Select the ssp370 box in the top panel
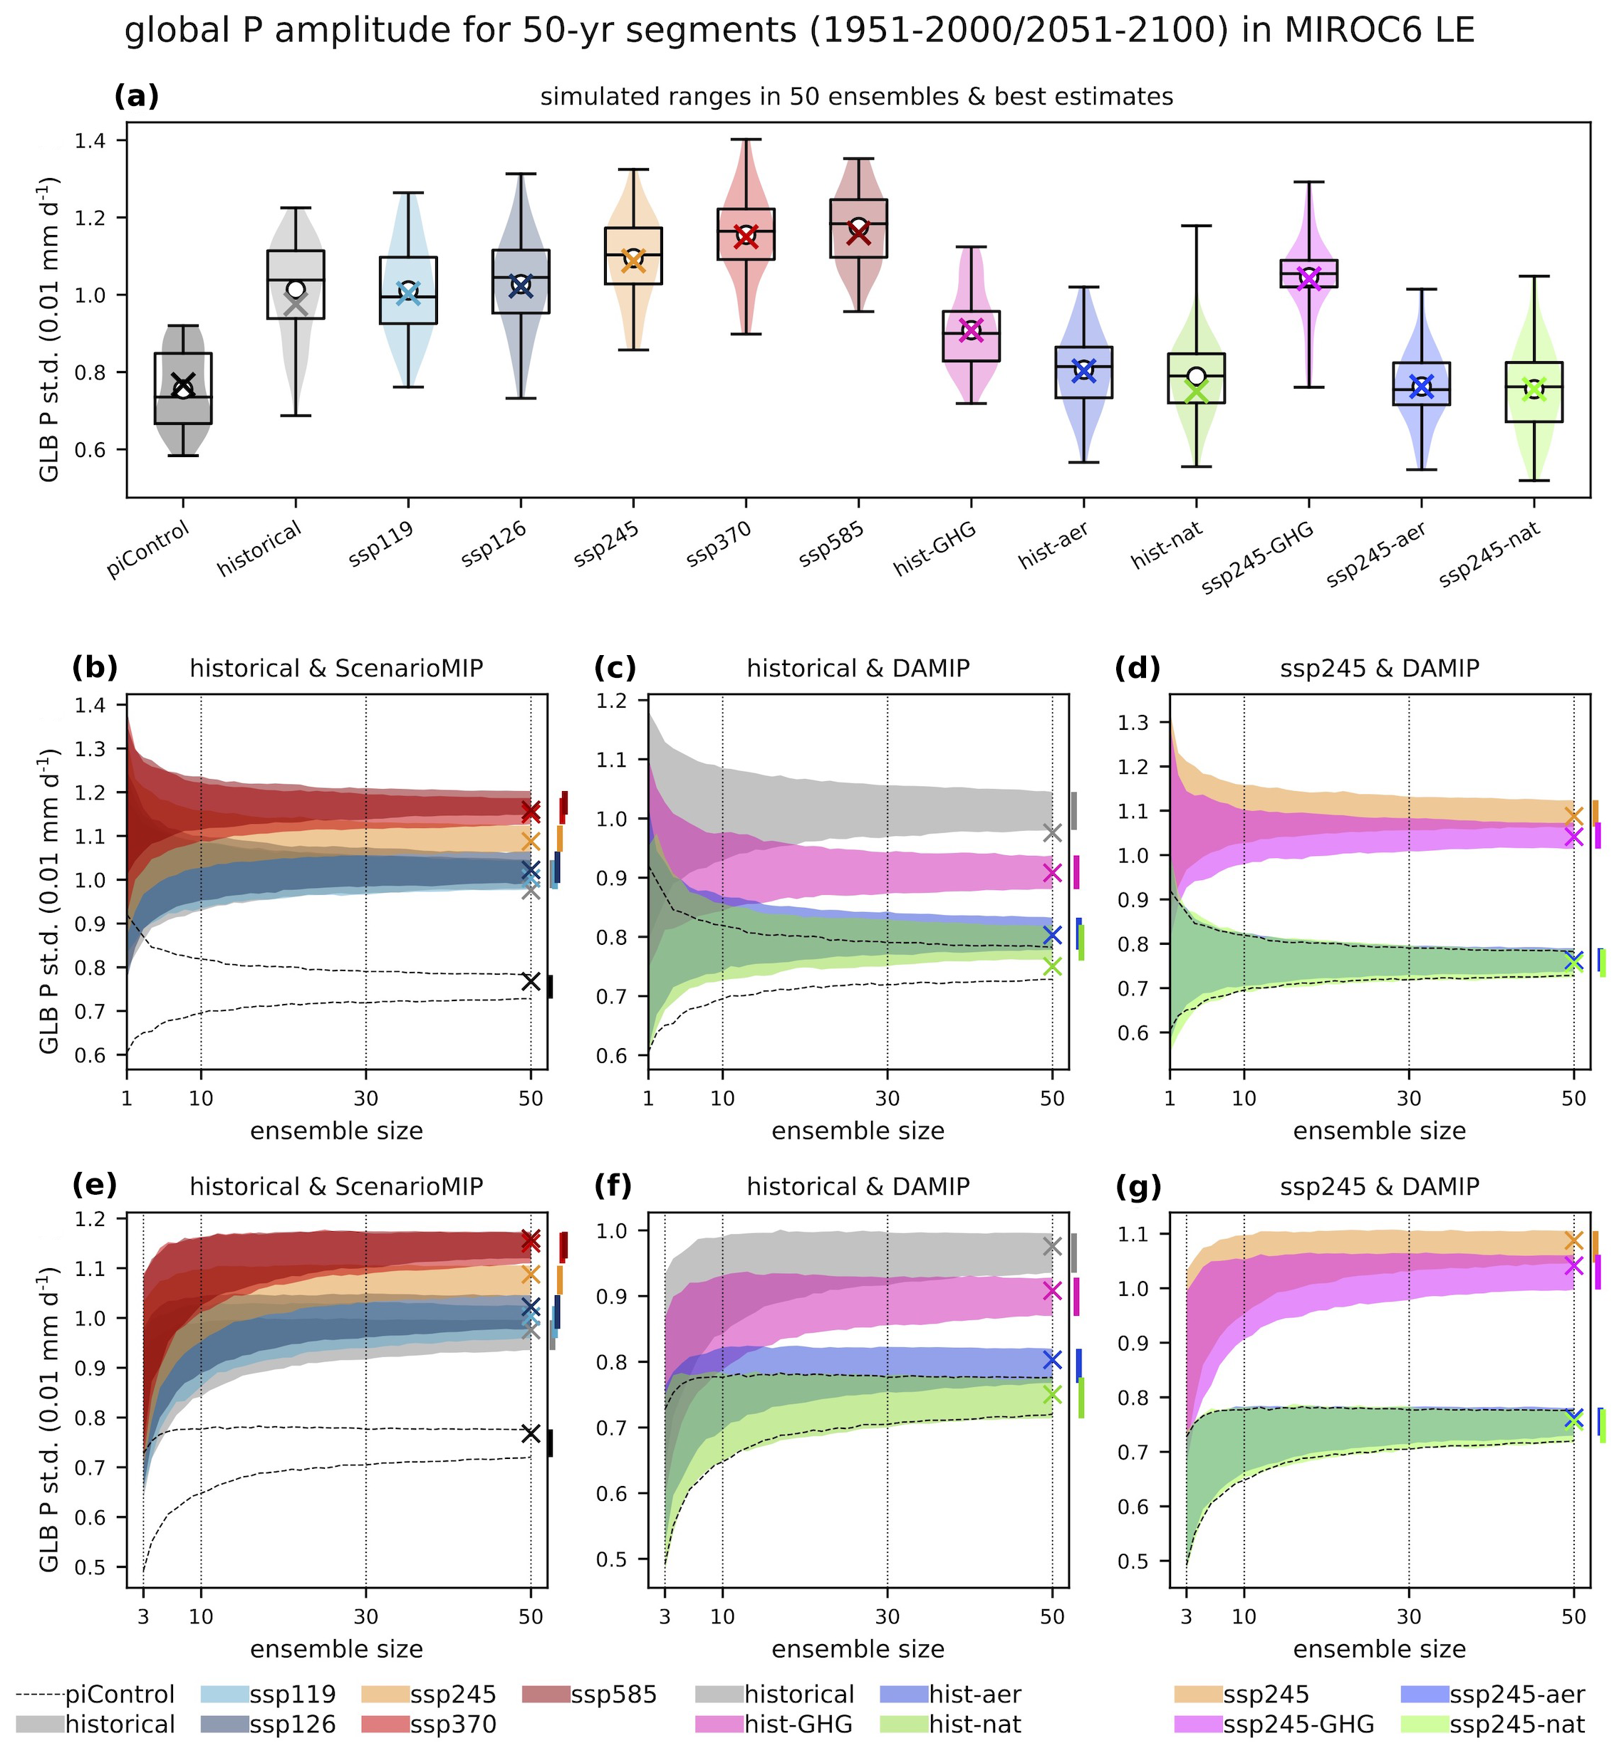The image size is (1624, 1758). (x=746, y=234)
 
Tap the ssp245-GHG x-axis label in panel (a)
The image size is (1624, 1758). (x=1258, y=557)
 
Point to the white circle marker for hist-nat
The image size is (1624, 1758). (x=1196, y=376)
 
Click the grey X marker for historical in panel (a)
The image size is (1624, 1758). (x=296, y=305)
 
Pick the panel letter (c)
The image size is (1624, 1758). (x=615, y=669)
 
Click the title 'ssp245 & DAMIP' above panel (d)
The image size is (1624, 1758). (x=1379, y=669)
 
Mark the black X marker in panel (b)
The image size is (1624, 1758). (x=531, y=981)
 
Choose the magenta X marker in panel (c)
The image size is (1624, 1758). (x=1052, y=872)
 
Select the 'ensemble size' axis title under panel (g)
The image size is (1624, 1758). (x=1379, y=1650)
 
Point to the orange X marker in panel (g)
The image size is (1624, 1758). (x=1574, y=1240)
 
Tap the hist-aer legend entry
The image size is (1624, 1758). (x=951, y=1695)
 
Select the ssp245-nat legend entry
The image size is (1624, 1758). (x=1494, y=1725)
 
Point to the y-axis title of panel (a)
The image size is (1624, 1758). (x=50, y=330)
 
